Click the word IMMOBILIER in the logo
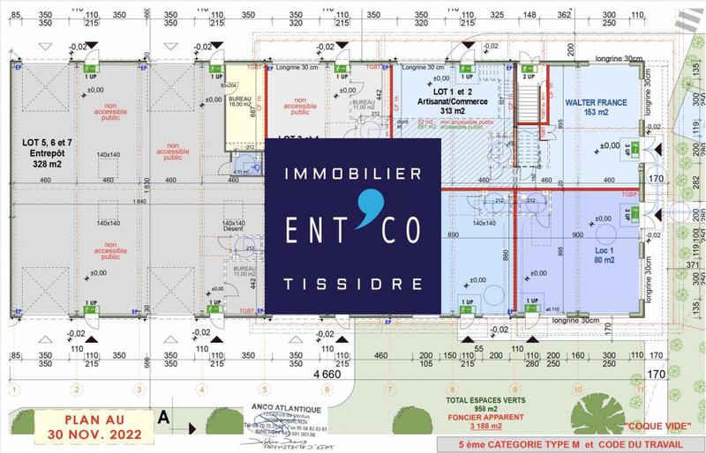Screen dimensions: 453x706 click(352, 176)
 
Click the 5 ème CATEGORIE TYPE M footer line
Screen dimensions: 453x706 click(567, 443)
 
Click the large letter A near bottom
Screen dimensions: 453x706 click(163, 420)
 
